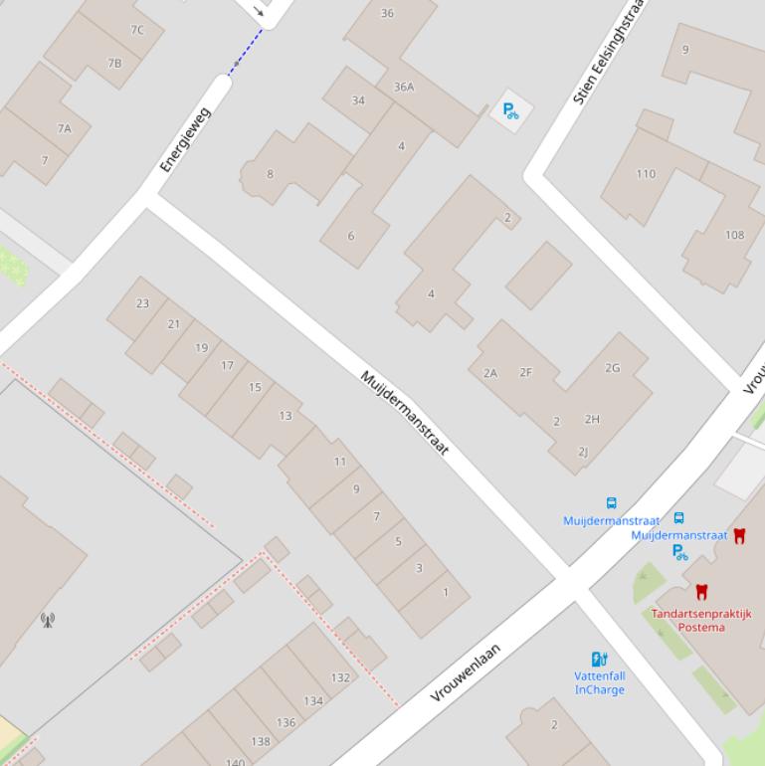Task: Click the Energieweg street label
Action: (x=186, y=140)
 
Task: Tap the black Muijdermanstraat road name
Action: (x=404, y=413)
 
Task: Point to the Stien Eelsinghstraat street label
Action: (x=609, y=53)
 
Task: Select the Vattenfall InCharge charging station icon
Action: (x=599, y=659)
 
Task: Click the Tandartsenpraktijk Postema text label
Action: (x=701, y=620)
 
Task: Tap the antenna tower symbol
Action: (x=48, y=621)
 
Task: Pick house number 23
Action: (x=143, y=303)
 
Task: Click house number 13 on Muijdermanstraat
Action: (x=286, y=416)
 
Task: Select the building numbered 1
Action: (x=446, y=592)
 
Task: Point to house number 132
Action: (x=340, y=677)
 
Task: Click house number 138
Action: (x=261, y=741)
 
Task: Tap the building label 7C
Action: (x=137, y=30)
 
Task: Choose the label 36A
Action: (x=404, y=87)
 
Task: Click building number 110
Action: (x=646, y=174)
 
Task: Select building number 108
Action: (x=734, y=236)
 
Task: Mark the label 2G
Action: (x=612, y=368)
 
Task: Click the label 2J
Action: (x=583, y=452)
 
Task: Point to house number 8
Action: (x=270, y=174)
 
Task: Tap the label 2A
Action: (x=489, y=373)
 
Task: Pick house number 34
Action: (x=358, y=100)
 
